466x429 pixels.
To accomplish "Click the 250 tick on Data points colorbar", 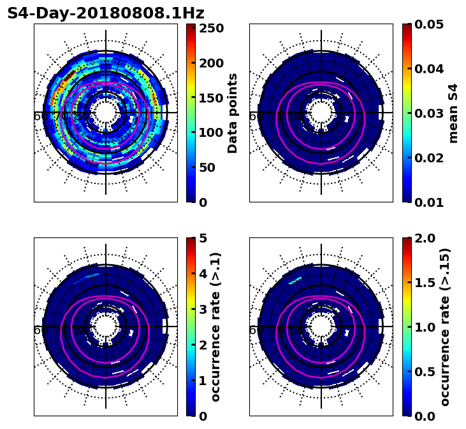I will [210, 28].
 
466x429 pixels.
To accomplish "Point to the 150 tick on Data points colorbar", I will [210, 98].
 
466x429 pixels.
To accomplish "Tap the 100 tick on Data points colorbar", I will [210, 132].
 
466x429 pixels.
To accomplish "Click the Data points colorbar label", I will [233, 113].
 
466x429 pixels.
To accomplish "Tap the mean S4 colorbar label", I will [453, 113].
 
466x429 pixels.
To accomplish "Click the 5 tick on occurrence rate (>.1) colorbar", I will [203, 238].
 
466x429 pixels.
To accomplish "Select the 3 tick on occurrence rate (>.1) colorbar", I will [203, 309].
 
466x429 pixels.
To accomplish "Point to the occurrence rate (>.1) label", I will [216, 327].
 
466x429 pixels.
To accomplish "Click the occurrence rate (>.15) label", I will [446, 327].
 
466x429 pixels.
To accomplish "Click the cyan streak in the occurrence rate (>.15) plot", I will [295, 281].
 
